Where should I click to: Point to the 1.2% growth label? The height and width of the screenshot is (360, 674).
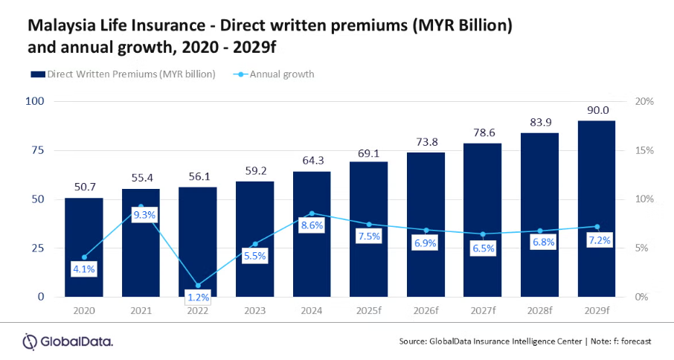[198, 298]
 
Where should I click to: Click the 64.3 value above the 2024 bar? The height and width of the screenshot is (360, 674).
[312, 160]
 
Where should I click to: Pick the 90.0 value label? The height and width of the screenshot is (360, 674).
[596, 109]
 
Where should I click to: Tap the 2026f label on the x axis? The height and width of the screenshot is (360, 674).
[426, 309]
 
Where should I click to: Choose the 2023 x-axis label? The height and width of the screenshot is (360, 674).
[255, 309]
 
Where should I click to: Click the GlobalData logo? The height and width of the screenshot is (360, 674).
[68, 341]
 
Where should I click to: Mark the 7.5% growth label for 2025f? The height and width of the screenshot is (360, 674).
[369, 237]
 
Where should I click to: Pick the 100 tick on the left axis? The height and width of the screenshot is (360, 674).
[35, 101]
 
